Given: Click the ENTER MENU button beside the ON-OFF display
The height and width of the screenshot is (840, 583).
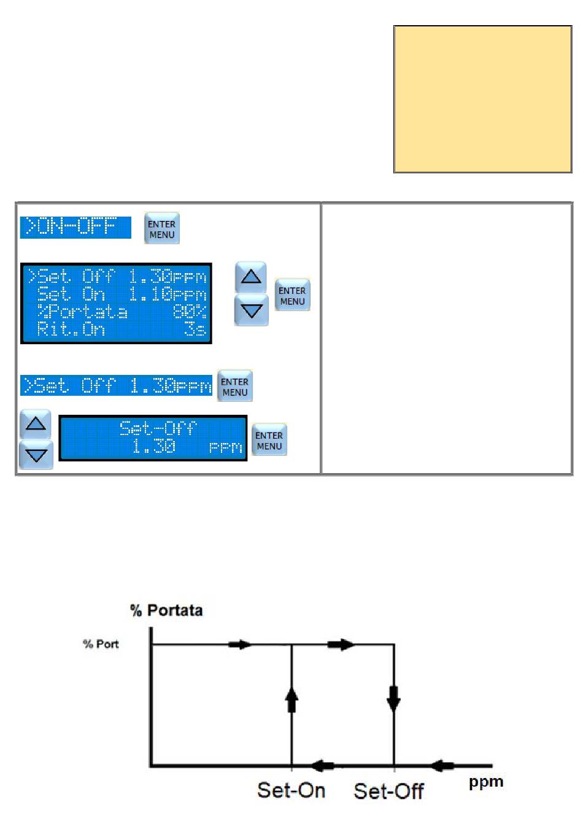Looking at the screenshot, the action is click(x=161, y=229).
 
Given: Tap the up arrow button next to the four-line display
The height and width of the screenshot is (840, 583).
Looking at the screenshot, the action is click(x=250, y=277).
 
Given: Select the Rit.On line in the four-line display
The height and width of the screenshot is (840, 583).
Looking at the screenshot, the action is click(x=117, y=329).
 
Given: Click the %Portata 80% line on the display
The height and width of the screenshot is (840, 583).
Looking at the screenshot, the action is click(x=117, y=312).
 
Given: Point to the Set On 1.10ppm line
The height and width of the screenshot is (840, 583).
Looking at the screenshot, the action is click(x=117, y=295).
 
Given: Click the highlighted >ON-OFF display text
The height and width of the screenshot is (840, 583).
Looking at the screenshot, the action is click(x=75, y=227).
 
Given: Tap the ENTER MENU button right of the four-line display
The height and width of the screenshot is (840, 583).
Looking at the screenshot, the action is click(x=292, y=295).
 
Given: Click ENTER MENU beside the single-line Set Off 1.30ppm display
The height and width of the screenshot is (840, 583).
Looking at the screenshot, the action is click(x=234, y=386).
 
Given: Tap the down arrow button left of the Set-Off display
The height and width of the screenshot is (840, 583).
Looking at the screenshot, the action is click(x=36, y=455).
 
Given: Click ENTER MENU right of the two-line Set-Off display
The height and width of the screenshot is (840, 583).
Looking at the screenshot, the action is click(x=269, y=440).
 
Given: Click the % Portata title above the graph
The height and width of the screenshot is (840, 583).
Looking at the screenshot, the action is click(x=166, y=610).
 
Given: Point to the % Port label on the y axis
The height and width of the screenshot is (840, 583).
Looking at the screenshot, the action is click(x=101, y=644).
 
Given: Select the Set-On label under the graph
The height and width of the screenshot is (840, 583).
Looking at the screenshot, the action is click(x=291, y=790).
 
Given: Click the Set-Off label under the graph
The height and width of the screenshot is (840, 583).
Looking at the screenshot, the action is click(x=388, y=791).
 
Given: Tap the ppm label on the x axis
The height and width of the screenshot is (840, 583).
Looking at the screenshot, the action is click(x=486, y=782).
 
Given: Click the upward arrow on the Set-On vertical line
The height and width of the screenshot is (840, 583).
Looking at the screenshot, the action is click(x=291, y=699).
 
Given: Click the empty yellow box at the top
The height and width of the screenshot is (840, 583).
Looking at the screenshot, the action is click(x=482, y=99).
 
